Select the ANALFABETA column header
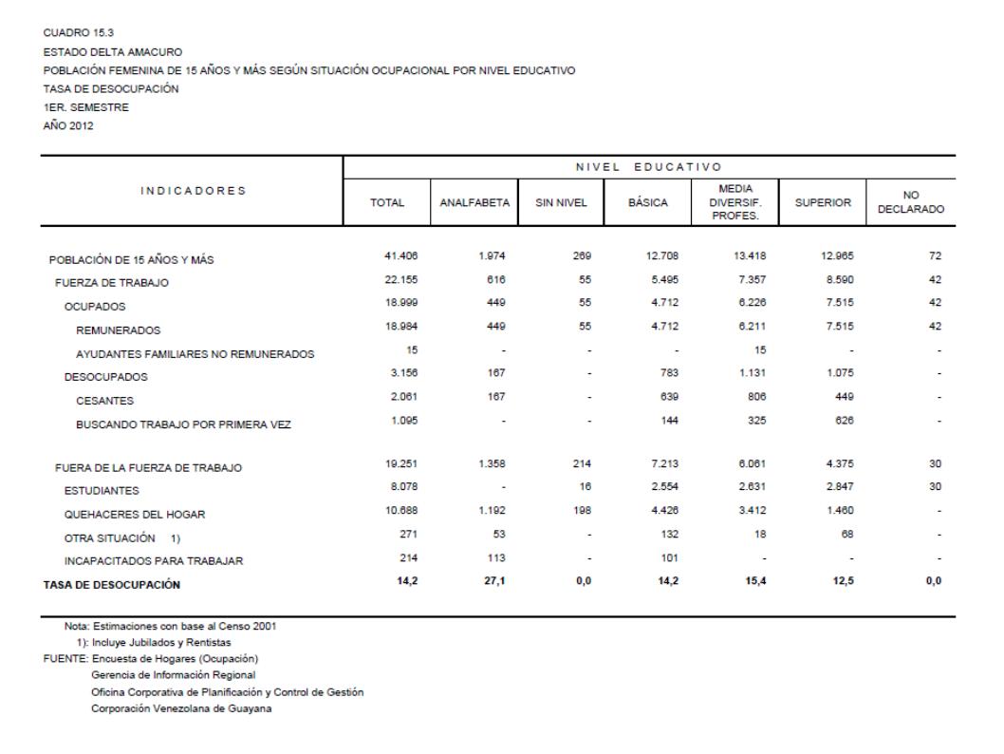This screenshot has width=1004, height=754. [x=474, y=202]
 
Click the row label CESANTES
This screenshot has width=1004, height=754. [x=106, y=400]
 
